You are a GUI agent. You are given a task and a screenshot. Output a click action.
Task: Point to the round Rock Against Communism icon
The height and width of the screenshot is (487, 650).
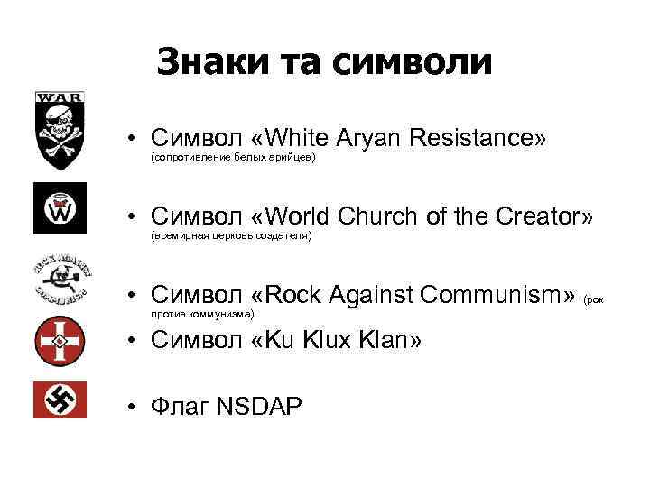pyautogui.click(x=60, y=280)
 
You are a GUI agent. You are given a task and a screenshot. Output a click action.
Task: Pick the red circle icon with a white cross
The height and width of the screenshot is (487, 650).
pyautogui.click(x=60, y=342)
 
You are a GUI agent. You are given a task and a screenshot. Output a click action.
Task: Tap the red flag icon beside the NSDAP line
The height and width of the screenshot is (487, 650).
pyautogui.click(x=60, y=400)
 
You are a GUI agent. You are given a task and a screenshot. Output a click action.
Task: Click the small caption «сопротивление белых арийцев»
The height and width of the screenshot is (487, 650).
pyautogui.click(x=232, y=157)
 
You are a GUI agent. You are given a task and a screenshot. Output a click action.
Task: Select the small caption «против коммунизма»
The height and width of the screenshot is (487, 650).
pyautogui.click(x=203, y=313)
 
